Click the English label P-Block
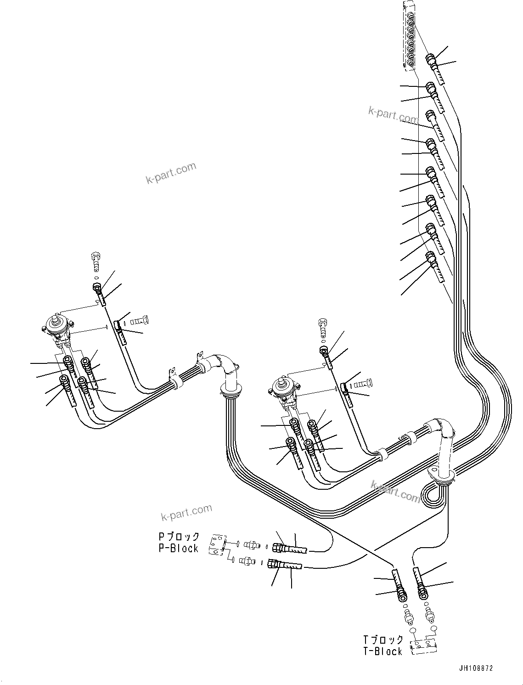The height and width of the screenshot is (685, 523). tap(179, 548)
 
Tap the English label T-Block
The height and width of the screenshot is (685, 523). tap(382, 651)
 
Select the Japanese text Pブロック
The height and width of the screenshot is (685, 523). tap(179, 537)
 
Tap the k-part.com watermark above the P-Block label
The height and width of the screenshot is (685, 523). tap(186, 512)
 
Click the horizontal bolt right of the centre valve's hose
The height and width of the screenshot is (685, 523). tap(365, 382)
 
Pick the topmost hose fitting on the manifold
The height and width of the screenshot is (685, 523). tap(431, 59)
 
